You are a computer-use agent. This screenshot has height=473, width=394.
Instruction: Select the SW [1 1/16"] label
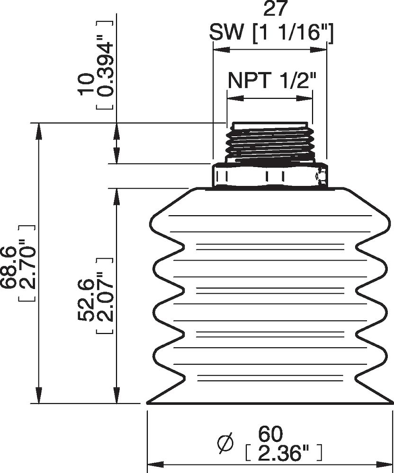272,34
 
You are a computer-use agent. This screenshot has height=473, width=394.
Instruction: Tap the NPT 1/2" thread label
271,80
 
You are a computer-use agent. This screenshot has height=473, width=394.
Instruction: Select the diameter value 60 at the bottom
270,433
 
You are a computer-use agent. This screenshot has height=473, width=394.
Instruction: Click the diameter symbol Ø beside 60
226,442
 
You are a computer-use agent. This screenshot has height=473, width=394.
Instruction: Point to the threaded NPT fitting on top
269,142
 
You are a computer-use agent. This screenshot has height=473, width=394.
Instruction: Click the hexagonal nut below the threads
270,176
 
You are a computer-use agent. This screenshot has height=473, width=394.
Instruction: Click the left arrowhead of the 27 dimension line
220,49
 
